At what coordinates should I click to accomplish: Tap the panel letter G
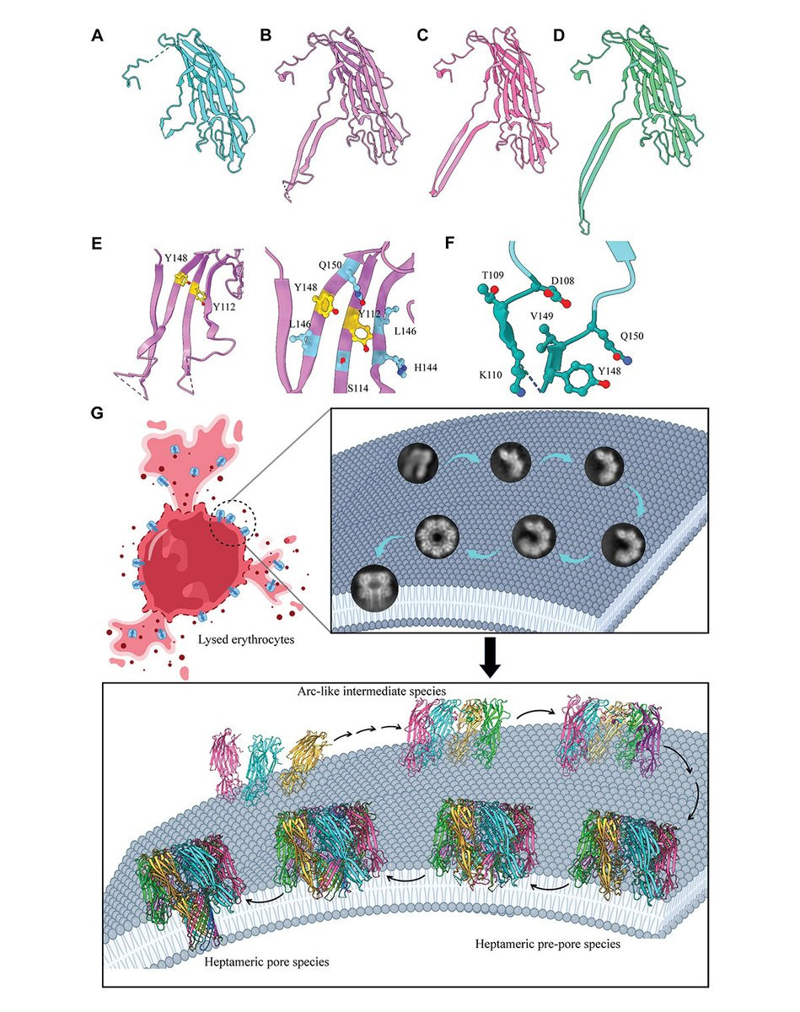point(99,414)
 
